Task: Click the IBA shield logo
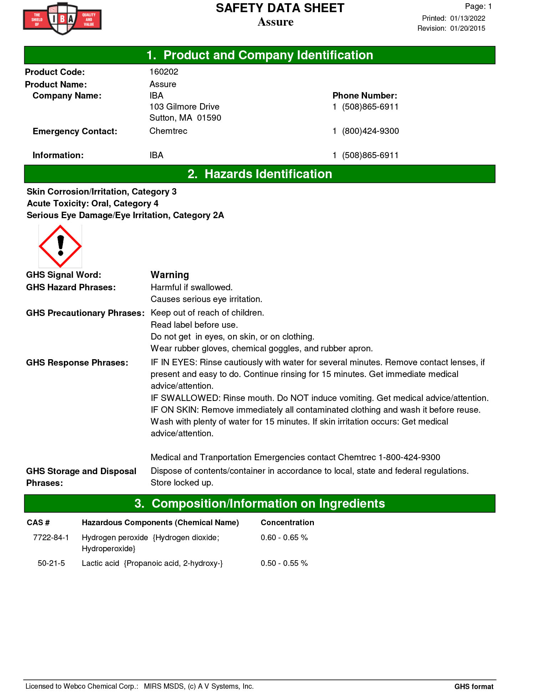[x=62, y=19]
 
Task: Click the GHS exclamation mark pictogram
[x=60, y=246]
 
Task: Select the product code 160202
[x=164, y=72]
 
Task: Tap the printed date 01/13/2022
[x=468, y=18]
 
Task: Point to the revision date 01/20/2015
[x=468, y=28]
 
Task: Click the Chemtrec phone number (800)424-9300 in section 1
[x=370, y=131]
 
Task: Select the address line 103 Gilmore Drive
[x=184, y=107]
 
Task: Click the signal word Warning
[x=170, y=275]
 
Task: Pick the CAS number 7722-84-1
[x=51, y=537]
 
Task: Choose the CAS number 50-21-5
[x=51, y=563]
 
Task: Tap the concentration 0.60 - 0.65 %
[x=284, y=537]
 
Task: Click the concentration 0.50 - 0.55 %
[x=284, y=563]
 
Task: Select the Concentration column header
[x=287, y=522]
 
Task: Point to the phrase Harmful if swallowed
[x=192, y=287]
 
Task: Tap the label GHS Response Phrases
[x=77, y=363]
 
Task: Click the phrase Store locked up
[x=182, y=483]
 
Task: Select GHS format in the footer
[x=474, y=686]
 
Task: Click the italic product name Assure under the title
[x=275, y=22]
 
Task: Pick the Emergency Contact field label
[x=75, y=131]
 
